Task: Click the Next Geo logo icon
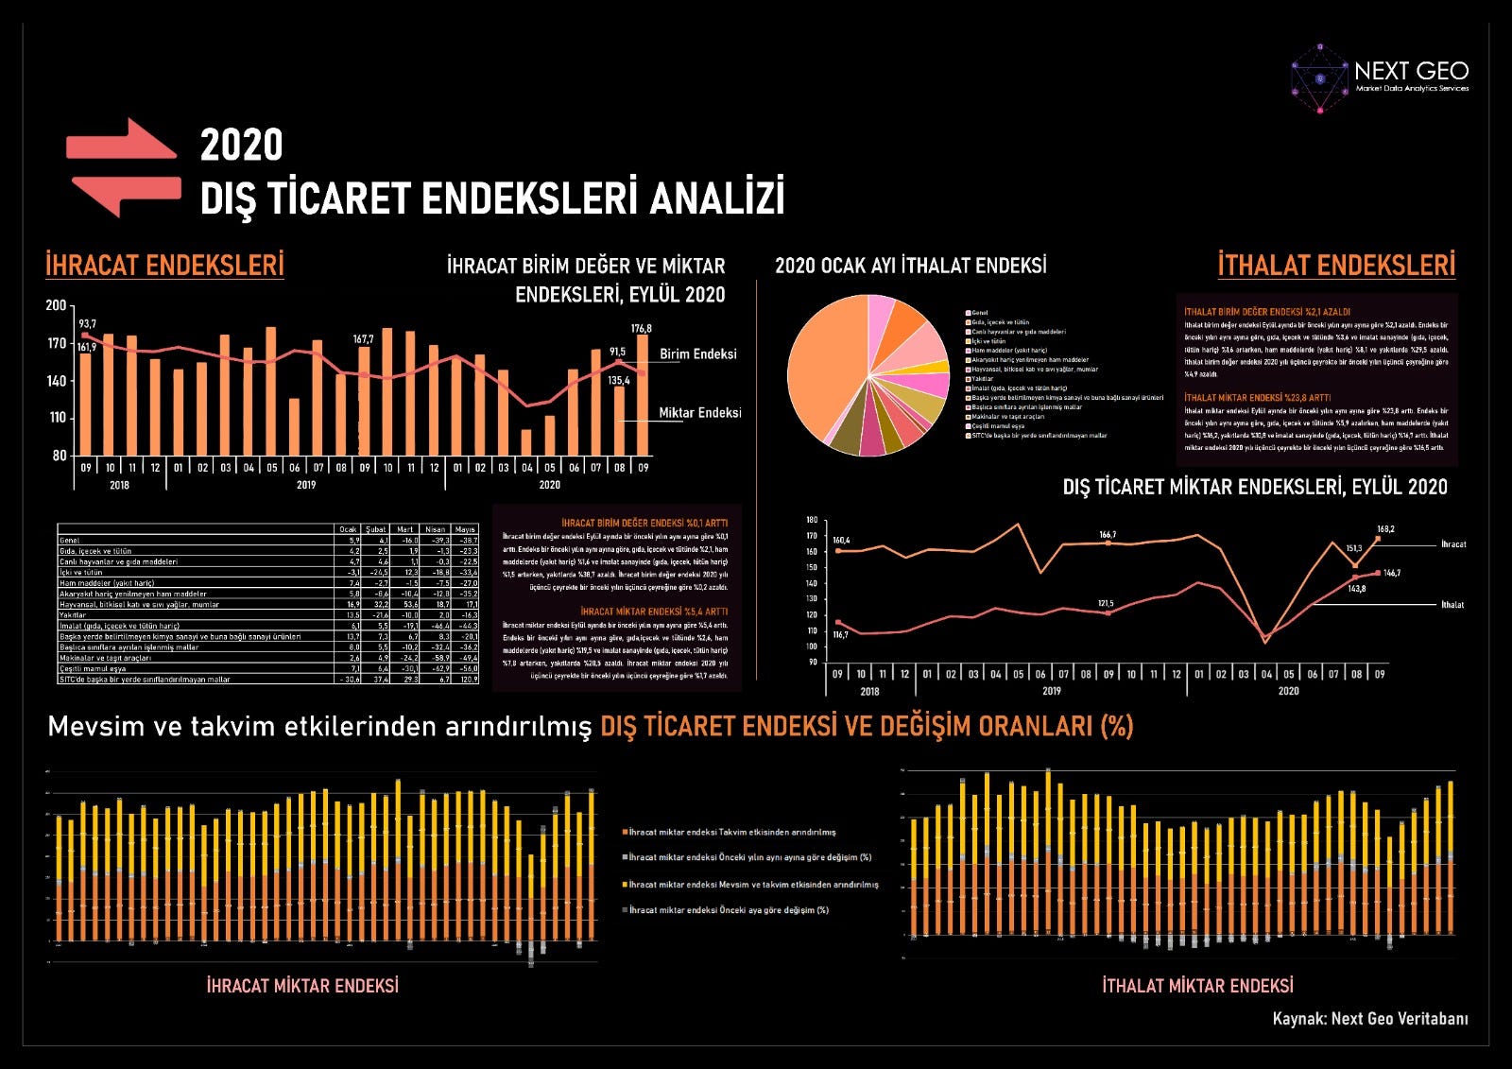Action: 1319,78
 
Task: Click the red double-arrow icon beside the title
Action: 123,167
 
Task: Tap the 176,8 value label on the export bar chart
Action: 642,329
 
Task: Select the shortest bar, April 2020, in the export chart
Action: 526,442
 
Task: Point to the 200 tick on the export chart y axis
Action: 56,305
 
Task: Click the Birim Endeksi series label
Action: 697,354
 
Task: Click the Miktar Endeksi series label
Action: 699,413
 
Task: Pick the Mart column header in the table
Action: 405,529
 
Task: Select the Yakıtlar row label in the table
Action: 73,614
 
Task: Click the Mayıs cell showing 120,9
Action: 467,679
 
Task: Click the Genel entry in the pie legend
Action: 979,313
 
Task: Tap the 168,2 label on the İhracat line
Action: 1385,529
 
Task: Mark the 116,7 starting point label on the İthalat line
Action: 840,635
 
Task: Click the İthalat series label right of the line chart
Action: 1452,605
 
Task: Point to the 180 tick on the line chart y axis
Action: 812,520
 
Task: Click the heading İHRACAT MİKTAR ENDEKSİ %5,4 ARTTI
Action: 654,612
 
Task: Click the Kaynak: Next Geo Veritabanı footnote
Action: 1370,1018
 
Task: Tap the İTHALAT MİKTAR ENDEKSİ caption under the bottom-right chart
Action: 1197,986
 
